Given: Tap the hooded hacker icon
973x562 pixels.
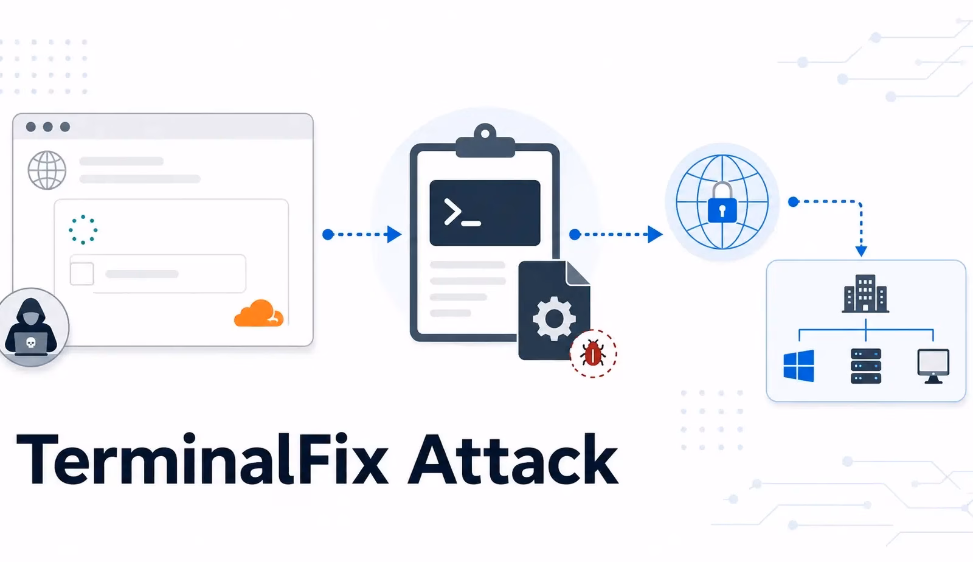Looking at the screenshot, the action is click(31, 327).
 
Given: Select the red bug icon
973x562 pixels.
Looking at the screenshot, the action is click(593, 353).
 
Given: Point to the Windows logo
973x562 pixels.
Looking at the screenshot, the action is click(798, 366).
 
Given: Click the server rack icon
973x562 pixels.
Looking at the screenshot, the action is click(866, 366).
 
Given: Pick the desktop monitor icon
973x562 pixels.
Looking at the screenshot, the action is click(933, 366).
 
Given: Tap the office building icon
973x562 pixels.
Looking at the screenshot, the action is click(865, 294).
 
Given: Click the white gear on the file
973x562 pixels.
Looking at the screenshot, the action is click(554, 319).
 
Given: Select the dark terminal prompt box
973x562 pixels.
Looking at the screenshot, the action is click(485, 213).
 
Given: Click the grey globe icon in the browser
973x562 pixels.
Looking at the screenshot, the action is click(47, 170).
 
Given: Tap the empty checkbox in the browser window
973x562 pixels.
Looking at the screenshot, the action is click(81, 274).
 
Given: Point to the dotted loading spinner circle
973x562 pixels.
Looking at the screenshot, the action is click(83, 229).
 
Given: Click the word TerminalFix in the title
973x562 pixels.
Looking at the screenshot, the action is click(202, 459).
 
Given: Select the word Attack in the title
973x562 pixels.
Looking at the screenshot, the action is click(513, 459).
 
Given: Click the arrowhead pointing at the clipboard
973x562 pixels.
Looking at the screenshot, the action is click(395, 235).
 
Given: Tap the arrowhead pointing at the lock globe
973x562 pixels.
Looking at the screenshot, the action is click(655, 235).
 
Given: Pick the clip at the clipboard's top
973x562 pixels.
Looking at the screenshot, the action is click(485, 140).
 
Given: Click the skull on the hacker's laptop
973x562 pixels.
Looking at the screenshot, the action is click(31, 343).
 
